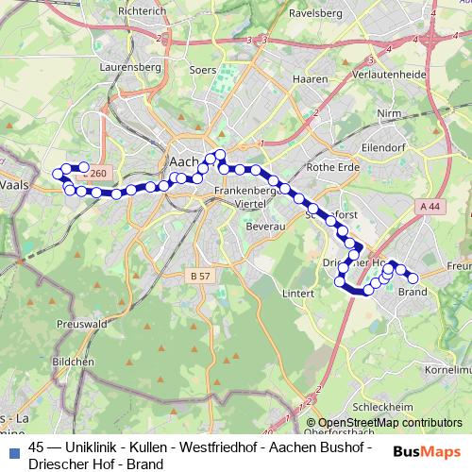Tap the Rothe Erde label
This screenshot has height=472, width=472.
pos(328,168)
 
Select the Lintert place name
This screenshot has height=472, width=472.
pos(298,294)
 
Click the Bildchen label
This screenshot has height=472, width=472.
pos(73,362)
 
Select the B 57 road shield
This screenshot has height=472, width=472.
pos(199,276)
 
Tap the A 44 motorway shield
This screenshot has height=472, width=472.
pos(431,206)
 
